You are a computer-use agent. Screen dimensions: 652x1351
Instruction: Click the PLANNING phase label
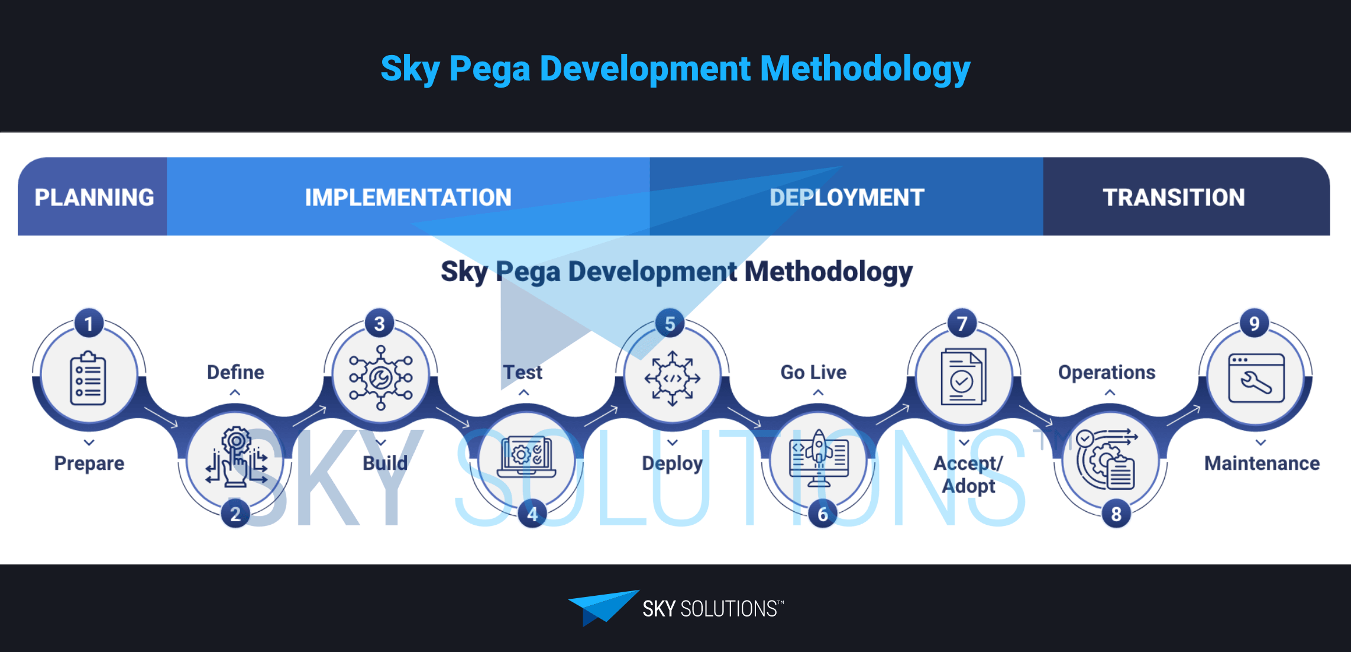[x=94, y=197]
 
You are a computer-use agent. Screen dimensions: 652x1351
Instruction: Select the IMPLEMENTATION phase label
[x=408, y=197]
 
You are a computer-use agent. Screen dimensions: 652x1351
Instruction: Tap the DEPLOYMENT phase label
[x=846, y=197]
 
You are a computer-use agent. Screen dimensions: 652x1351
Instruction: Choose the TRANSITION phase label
[x=1174, y=197]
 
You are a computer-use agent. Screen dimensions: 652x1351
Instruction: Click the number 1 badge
[x=89, y=324]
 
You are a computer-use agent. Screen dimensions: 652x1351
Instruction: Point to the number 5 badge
[x=670, y=324]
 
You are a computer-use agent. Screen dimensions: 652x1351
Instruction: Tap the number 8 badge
[x=1116, y=514]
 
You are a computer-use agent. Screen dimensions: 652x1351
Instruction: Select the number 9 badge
[x=1254, y=324]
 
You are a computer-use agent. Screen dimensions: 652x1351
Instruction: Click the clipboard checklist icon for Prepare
[x=88, y=378]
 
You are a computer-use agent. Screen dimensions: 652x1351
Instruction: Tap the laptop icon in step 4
[x=526, y=457]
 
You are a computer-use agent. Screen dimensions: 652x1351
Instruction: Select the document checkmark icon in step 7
[x=963, y=377]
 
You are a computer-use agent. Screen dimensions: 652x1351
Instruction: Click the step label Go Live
[x=813, y=372]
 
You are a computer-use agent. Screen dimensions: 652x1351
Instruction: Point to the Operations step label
[x=1106, y=372]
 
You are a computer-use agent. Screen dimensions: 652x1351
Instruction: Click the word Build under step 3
[x=385, y=463]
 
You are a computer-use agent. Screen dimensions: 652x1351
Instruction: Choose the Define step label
[x=235, y=372]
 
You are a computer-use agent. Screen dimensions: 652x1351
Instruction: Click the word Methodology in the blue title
[x=865, y=69]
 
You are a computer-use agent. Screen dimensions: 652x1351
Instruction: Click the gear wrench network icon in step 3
[x=380, y=377]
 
